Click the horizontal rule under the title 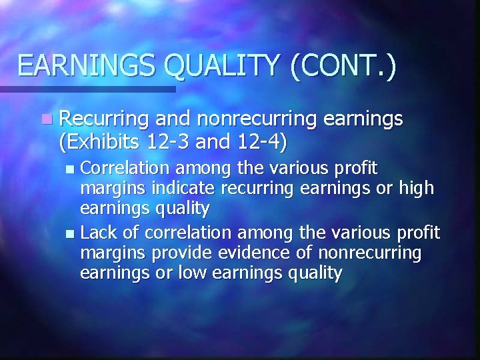[87, 89]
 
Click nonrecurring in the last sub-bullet [370, 253]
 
